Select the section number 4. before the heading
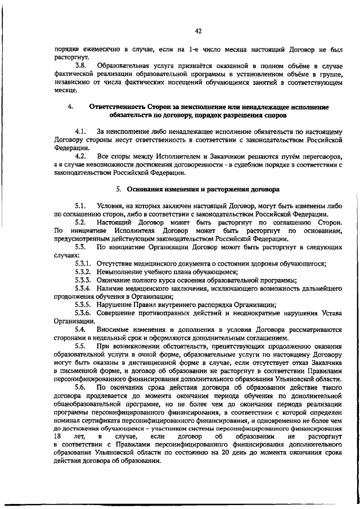69,106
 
